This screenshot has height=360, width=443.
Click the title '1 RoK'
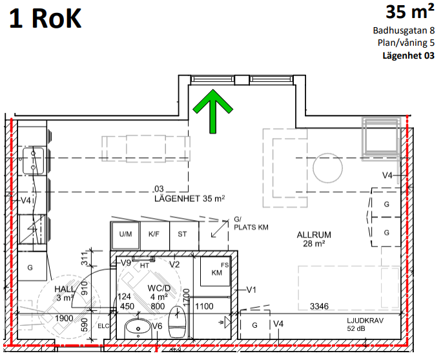pos(45,18)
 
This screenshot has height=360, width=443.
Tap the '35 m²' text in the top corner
pos(410,12)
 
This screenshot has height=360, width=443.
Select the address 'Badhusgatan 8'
pos(404,30)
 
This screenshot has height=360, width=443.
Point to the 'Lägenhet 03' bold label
pos(408,55)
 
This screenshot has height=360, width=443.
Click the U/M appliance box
pos(125,234)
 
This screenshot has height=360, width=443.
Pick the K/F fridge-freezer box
pos(154,234)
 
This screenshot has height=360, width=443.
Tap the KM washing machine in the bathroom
pos(216,271)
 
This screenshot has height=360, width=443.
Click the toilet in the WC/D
pos(177,322)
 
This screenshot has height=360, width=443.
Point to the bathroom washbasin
pos(138,328)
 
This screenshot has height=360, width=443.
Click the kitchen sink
pos(33,161)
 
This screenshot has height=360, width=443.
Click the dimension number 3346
pos(319,306)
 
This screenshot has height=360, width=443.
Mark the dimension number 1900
pos(64,319)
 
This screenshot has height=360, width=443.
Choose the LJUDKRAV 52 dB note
pos(365,325)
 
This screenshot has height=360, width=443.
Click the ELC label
pos(103,326)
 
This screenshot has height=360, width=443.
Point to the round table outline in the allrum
pos(328,168)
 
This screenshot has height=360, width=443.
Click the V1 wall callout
pos(251,290)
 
